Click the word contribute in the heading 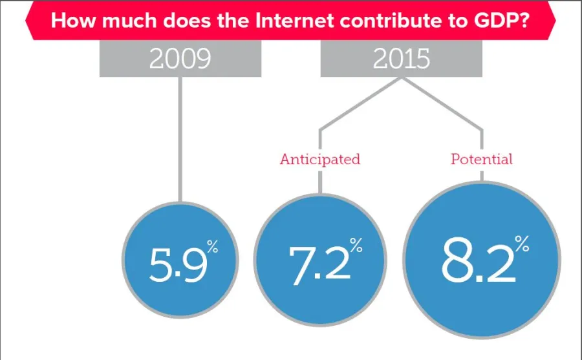tap(389, 21)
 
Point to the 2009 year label tap(180, 58)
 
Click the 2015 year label tap(401, 58)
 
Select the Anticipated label tap(320, 159)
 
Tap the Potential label tap(481, 159)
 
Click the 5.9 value tap(178, 264)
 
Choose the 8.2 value tap(479, 260)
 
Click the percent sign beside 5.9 tap(213, 246)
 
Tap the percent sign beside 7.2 tap(356, 246)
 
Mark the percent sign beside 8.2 tap(522, 244)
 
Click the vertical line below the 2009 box tap(180, 140)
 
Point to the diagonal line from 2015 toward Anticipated tap(360, 104)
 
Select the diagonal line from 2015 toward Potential tap(442, 104)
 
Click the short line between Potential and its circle tap(482, 176)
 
